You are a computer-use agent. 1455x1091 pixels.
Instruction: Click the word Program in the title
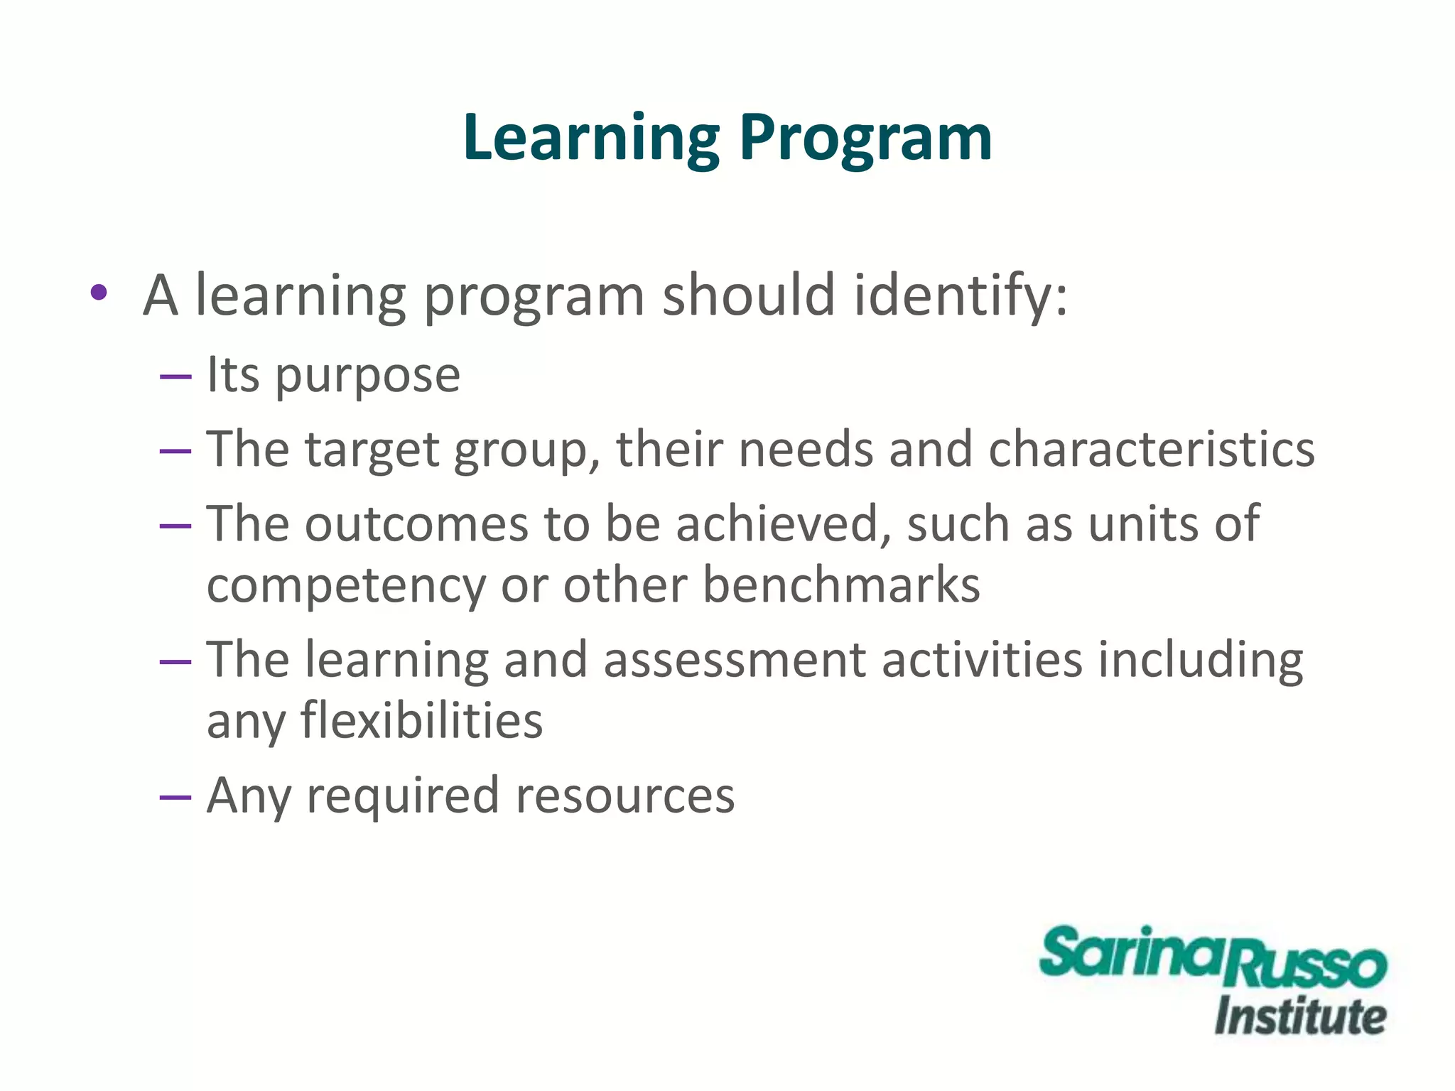(x=865, y=139)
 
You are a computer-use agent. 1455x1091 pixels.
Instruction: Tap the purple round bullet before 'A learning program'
(x=99, y=292)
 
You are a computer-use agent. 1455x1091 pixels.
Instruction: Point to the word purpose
(x=368, y=376)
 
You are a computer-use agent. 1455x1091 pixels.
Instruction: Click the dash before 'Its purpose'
(x=175, y=376)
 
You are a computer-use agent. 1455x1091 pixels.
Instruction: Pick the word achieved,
(x=782, y=524)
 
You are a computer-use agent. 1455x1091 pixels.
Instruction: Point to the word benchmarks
(x=841, y=585)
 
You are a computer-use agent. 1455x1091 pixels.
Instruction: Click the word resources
(x=625, y=796)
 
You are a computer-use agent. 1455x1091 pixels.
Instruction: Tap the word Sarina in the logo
(x=1131, y=953)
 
